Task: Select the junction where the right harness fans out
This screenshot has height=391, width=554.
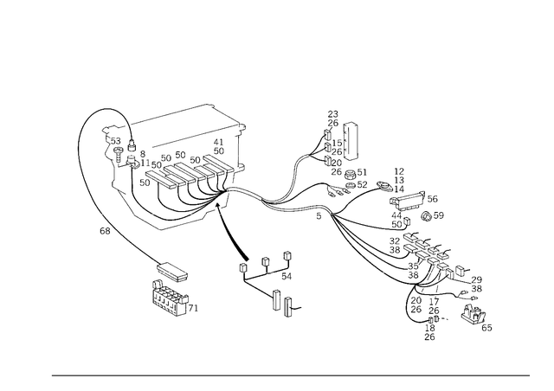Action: pos(325,208)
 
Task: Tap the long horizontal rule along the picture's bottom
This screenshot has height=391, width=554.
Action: pos(290,375)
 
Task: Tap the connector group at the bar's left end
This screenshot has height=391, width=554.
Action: pos(117,147)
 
